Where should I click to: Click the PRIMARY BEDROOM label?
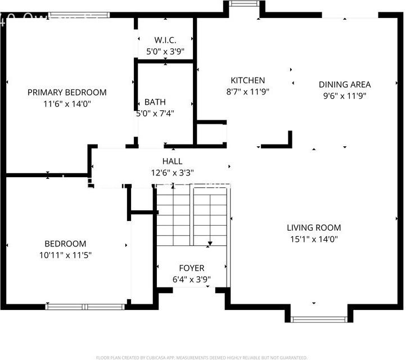[67, 92]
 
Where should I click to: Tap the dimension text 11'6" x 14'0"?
[67, 103]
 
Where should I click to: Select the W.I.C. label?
[165, 40]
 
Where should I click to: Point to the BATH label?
[155, 102]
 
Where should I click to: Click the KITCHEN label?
[247, 80]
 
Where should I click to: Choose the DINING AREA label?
[345, 84]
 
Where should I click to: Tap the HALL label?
[172, 161]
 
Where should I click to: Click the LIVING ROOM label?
[314, 228]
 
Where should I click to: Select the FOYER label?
[192, 268]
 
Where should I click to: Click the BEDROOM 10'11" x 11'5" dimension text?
[65, 255]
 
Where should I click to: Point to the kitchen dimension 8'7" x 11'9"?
[247, 91]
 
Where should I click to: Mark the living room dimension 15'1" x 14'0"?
[314, 238]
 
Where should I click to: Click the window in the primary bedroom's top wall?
[71, 15]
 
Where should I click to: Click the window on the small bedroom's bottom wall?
[84, 307]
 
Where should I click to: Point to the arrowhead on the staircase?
[210, 244]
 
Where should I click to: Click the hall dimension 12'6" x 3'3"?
[172, 173]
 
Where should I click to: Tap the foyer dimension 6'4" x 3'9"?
[192, 279]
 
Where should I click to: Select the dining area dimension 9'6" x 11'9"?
[345, 96]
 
